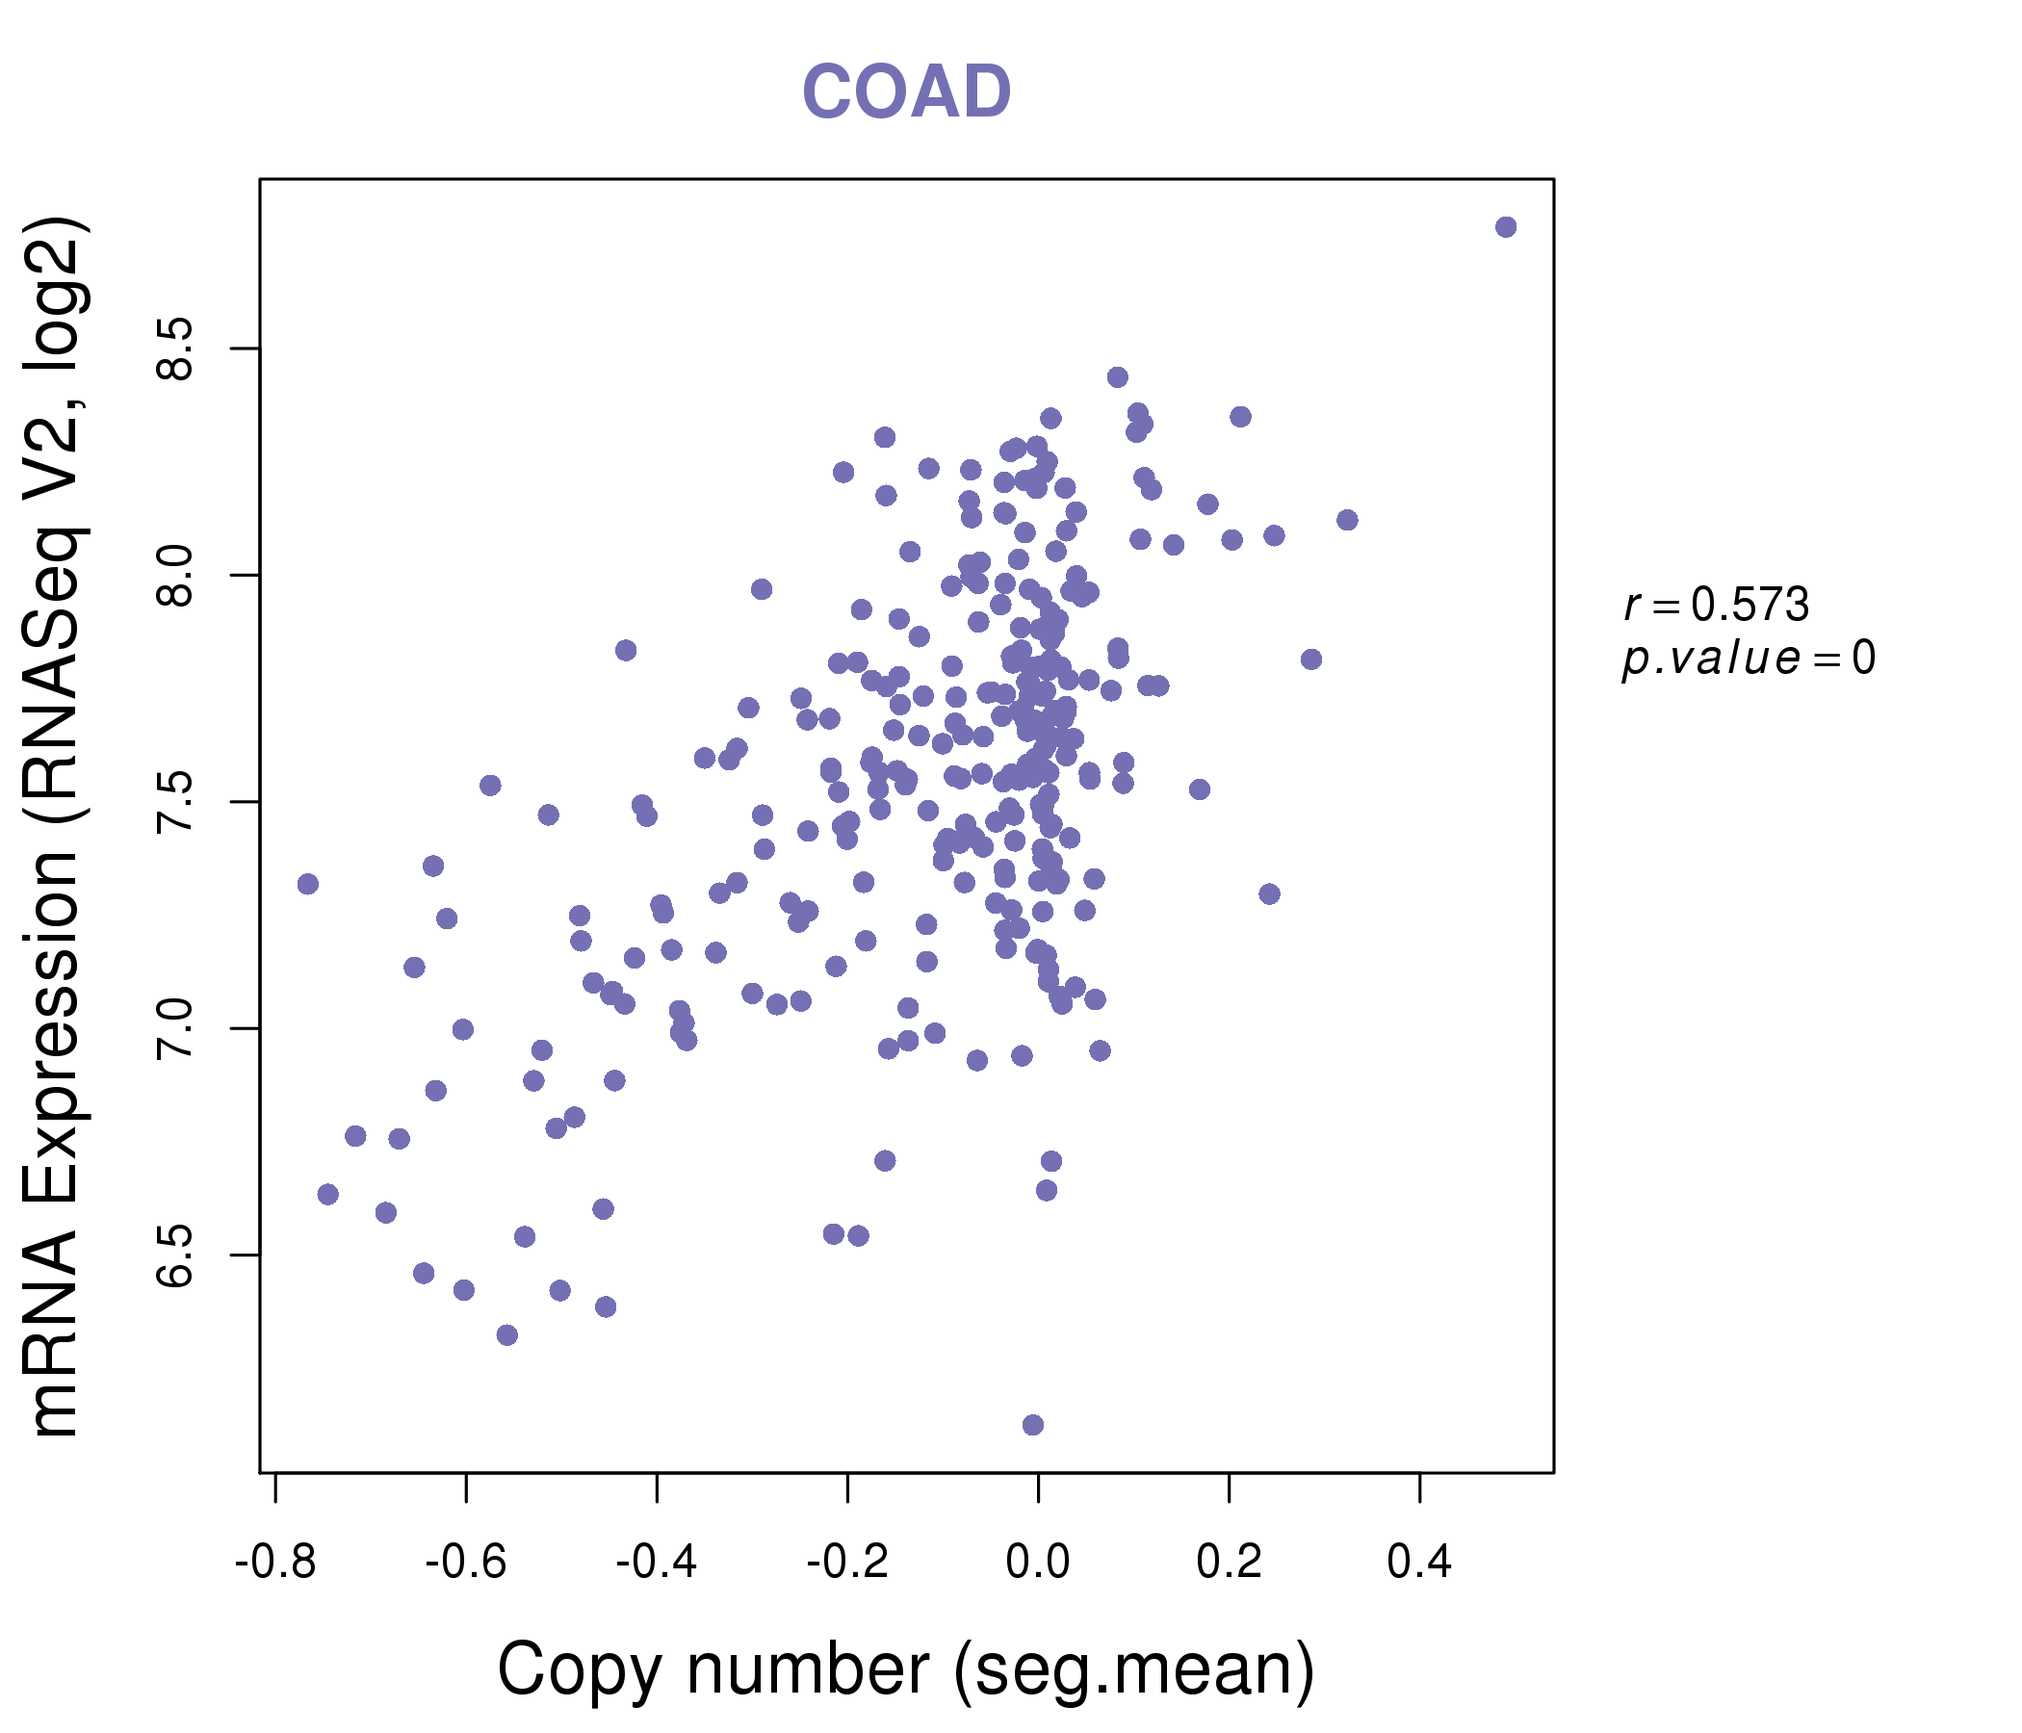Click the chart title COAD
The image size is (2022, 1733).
tap(906, 91)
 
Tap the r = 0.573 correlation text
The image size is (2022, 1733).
tap(1716, 606)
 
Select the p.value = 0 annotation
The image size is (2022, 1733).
tap(1748, 660)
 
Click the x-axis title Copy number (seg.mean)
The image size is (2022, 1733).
tap(906, 1669)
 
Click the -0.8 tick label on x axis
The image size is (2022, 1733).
tap(275, 1563)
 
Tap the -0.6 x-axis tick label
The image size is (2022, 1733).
tap(465, 1563)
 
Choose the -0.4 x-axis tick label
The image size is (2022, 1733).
tap(656, 1563)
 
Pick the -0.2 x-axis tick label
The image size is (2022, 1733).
tap(847, 1563)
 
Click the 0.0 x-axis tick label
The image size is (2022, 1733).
tap(1037, 1563)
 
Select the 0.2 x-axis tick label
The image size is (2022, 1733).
tap(1229, 1563)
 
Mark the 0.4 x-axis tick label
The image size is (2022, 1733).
tap(1419, 1563)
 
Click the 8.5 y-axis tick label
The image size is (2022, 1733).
tap(176, 349)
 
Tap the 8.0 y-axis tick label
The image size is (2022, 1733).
tap(176, 576)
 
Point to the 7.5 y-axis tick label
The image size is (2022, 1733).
tap(176, 802)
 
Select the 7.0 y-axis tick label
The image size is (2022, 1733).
tap(176, 1028)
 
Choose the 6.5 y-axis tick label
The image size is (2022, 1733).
tap(176, 1254)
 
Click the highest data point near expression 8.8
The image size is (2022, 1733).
tap(1505, 227)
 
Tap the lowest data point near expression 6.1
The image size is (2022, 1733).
tap(1032, 1425)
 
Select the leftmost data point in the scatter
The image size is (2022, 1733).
tap(307, 884)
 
